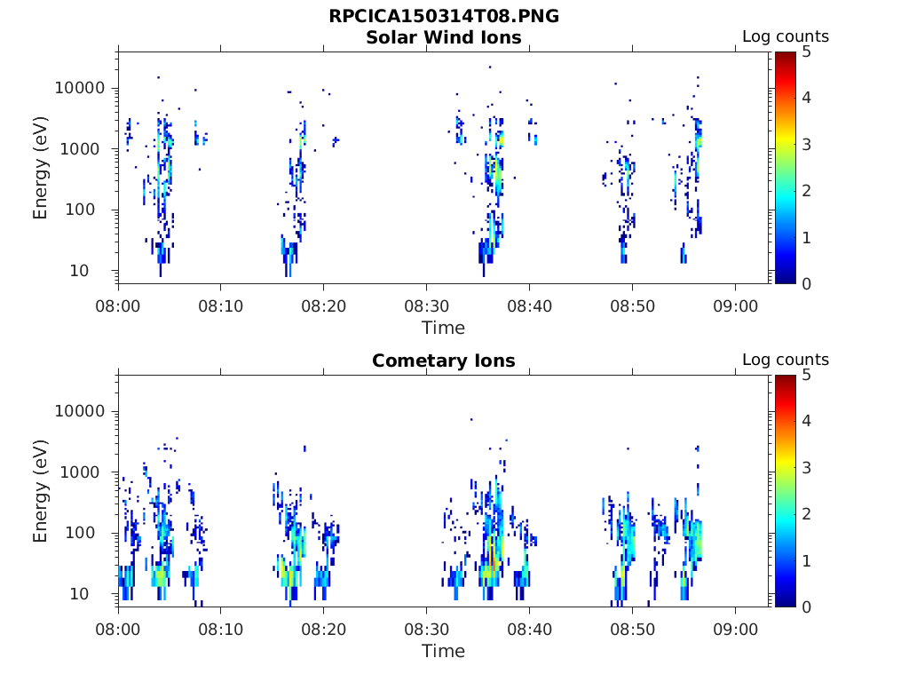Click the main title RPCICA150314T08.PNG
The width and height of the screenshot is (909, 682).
[x=443, y=16]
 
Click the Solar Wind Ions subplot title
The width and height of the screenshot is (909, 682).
[x=443, y=37]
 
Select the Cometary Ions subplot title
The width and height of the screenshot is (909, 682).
[x=443, y=361]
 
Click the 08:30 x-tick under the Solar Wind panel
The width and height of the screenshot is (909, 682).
[x=426, y=305]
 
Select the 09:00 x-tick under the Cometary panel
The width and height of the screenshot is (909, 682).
[x=735, y=629]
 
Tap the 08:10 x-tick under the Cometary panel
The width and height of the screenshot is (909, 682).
[x=220, y=629]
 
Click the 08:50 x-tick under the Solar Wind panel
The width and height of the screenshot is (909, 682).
[x=632, y=305]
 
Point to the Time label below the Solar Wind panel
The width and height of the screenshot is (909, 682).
[x=443, y=328]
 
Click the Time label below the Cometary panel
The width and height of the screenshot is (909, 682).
[x=443, y=651]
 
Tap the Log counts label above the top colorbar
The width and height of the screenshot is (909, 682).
[x=785, y=37]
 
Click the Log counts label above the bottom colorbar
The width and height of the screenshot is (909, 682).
[x=785, y=361]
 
